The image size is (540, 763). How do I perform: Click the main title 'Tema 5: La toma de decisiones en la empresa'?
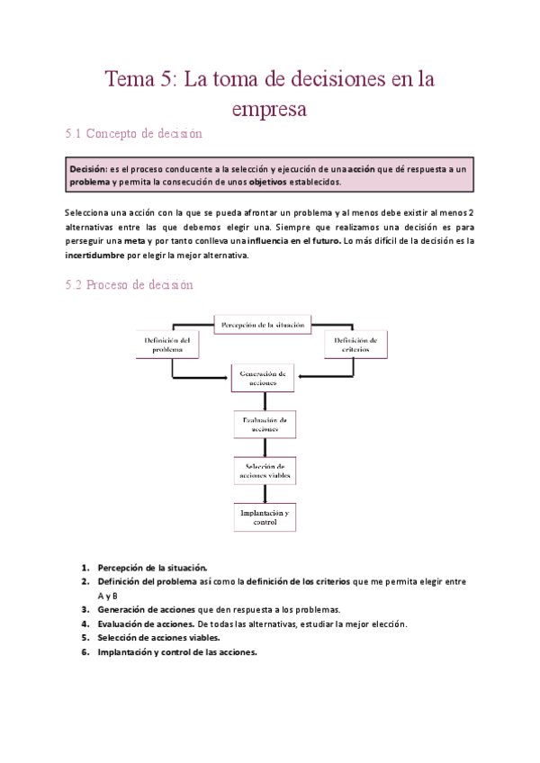pos(270,94)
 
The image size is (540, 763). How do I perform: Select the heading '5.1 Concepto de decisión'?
pos(134,135)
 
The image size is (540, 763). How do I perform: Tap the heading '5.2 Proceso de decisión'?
pos(130,284)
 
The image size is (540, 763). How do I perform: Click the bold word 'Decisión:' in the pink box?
pos(88,168)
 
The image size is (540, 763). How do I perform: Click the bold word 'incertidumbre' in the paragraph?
pos(97,255)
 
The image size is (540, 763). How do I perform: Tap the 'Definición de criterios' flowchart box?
pos(356,346)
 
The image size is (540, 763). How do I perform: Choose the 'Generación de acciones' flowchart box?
pos(263,378)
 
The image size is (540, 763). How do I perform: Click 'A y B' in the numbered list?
pos(109,596)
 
